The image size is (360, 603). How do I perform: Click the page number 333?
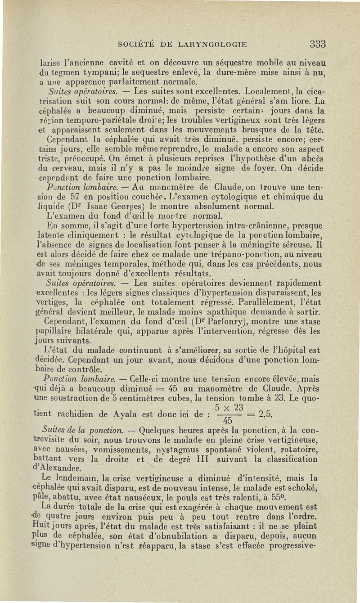[317, 44]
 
